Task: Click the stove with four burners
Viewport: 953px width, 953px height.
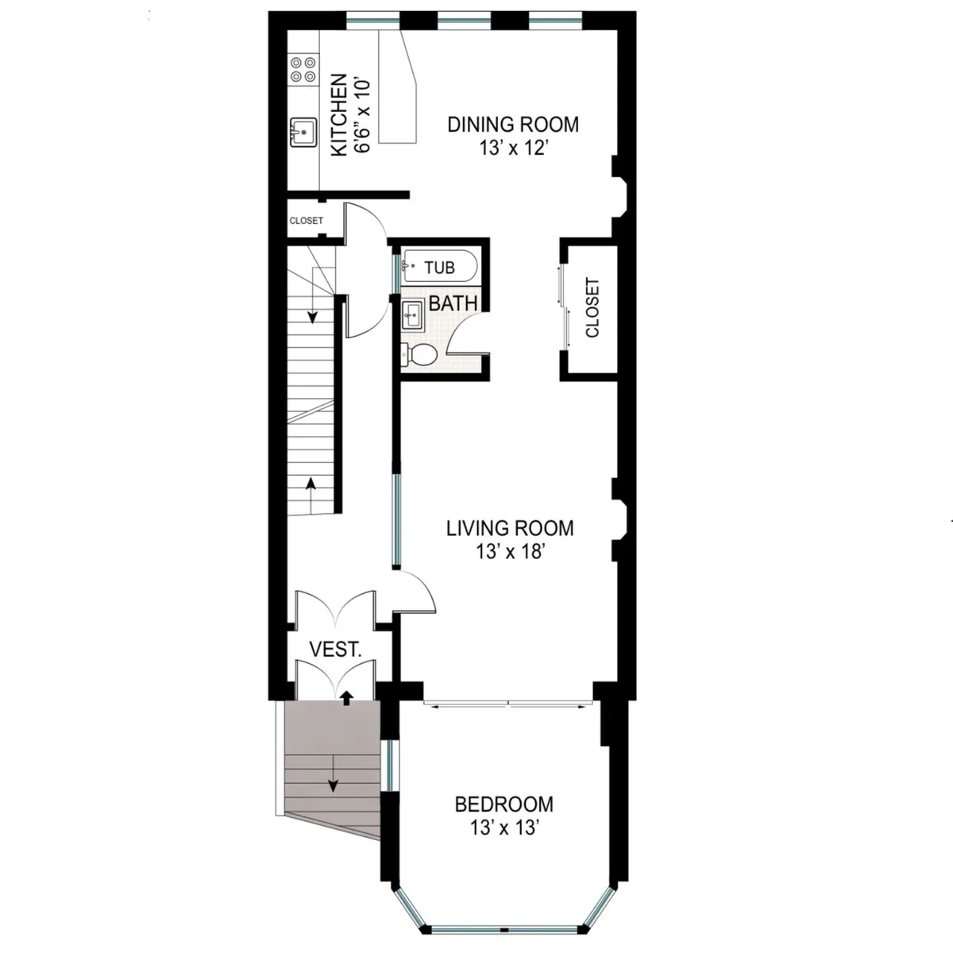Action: [x=302, y=69]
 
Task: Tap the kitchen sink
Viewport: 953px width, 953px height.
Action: [x=303, y=132]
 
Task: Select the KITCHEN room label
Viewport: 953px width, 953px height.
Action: [x=339, y=114]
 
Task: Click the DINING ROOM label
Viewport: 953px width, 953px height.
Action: [x=513, y=125]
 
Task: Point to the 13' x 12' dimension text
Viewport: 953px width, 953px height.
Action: [x=513, y=149]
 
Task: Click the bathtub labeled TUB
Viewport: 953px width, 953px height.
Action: [x=438, y=268]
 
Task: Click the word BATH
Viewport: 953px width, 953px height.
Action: [x=453, y=303]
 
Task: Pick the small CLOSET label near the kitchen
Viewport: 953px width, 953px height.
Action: [x=306, y=221]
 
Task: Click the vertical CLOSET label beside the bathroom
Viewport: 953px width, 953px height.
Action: [x=592, y=307]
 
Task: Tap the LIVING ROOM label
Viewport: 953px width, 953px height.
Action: [x=509, y=528]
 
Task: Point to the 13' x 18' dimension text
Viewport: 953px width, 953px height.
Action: [x=509, y=552]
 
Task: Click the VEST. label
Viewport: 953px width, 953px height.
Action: [x=335, y=649]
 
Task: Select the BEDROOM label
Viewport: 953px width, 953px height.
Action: [x=504, y=804]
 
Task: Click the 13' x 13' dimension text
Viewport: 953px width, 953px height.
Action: [x=504, y=828]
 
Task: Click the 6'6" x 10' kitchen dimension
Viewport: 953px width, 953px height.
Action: [x=363, y=114]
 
